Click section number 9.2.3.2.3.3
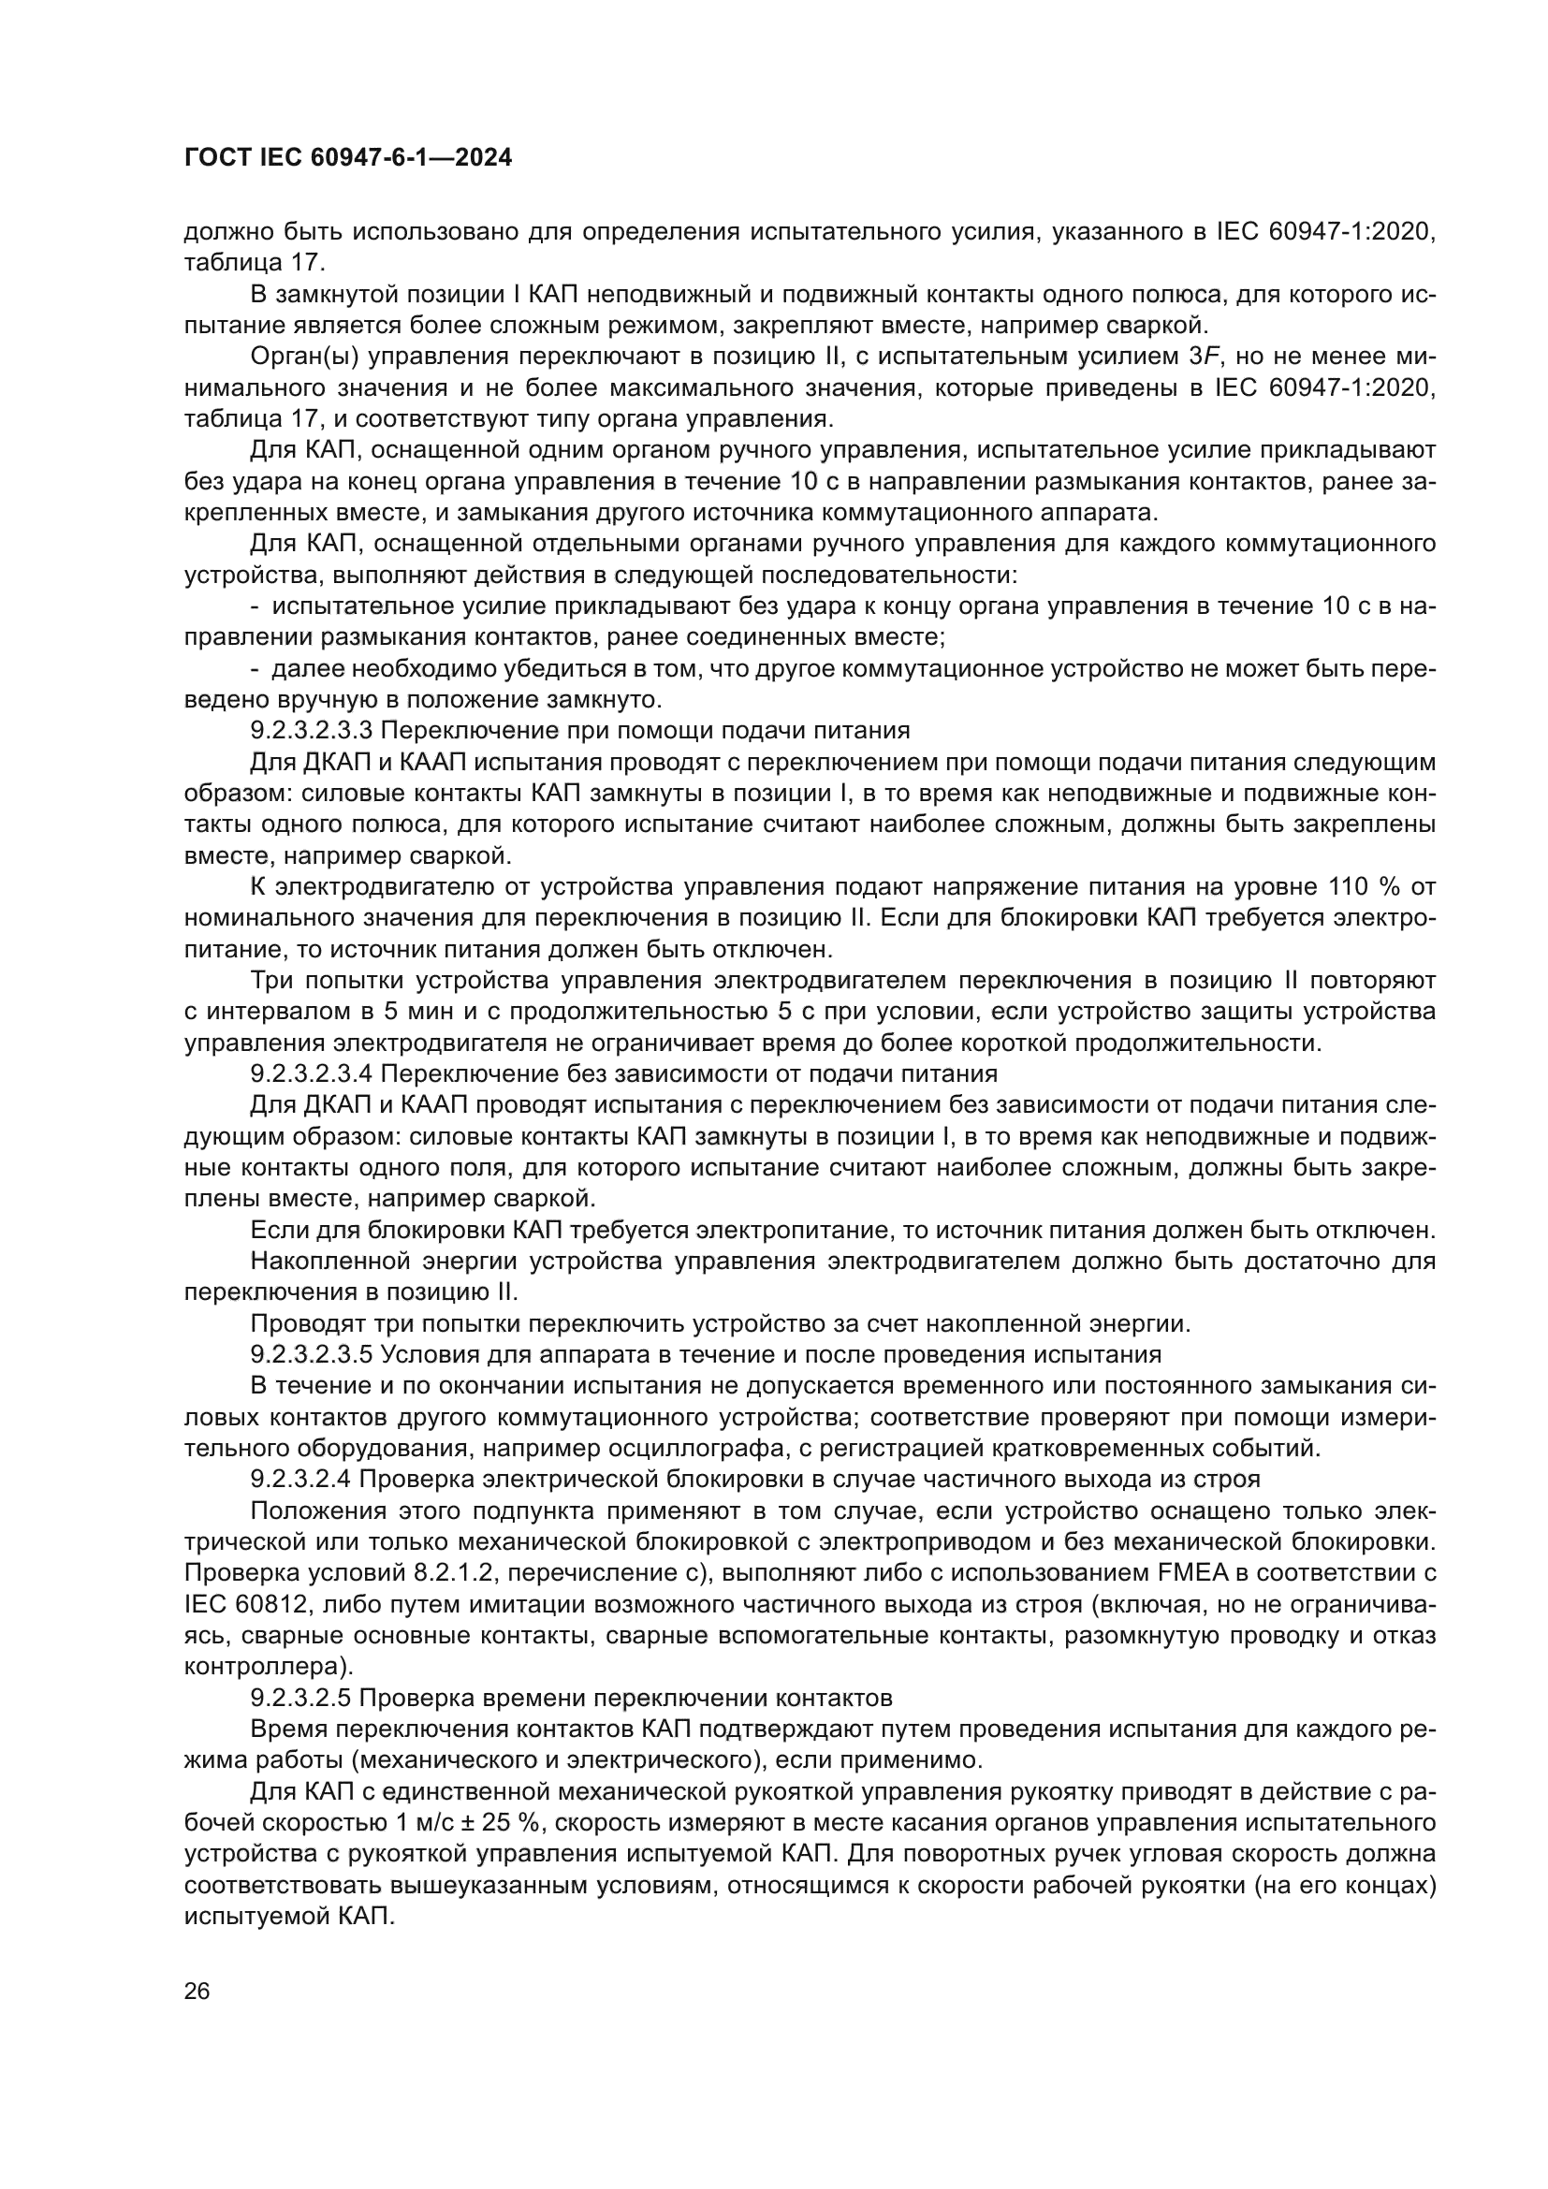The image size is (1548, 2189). [314, 731]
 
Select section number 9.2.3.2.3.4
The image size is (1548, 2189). [314, 1074]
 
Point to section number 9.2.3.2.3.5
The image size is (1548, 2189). [314, 1356]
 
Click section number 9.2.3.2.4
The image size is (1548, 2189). [301, 1481]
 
